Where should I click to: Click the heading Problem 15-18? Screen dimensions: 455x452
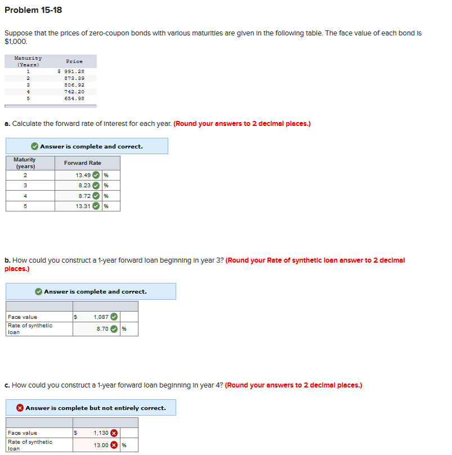[33, 10]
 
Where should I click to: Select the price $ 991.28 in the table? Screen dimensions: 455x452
[71, 71]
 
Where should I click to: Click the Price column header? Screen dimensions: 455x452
[74, 61]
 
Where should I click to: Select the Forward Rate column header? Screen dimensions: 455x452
[83, 163]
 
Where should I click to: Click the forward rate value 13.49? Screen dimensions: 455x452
[83, 175]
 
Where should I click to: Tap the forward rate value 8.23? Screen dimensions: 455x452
[84, 185]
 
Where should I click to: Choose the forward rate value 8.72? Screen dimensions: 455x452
[84, 196]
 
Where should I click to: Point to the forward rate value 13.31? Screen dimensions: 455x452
[83, 206]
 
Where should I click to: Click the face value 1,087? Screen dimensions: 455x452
[101, 317]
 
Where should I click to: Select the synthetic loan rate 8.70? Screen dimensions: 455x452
[102, 329]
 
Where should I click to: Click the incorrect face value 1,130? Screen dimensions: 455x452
[101, 433]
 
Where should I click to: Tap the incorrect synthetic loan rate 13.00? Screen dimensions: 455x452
[101, 445]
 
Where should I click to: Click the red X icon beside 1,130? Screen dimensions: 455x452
[114, 433]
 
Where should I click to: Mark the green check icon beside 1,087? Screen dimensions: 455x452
[114, 317]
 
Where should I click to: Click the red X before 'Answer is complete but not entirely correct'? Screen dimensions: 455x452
[20, 408]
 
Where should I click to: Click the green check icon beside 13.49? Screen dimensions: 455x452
[96, 175]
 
